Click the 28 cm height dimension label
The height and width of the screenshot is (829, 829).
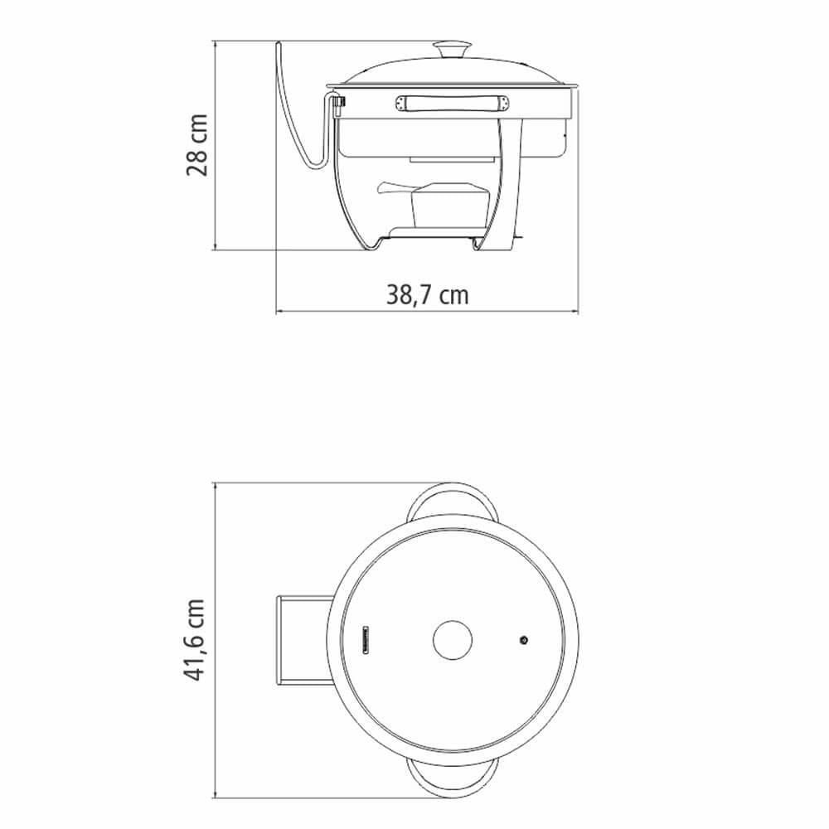pos(196,144)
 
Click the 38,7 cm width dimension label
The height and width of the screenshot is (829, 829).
pos(427,294)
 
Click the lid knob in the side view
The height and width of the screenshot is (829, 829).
pos(451,49)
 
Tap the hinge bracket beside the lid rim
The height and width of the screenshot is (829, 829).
pos(337,103)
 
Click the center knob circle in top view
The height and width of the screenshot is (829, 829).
pos(452,640)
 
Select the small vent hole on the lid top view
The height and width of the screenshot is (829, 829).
pos(524,640)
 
